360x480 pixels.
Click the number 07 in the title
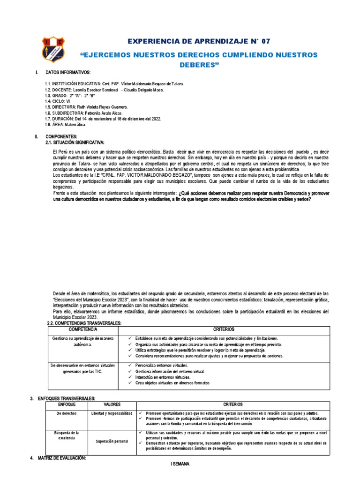[x=263, y=42]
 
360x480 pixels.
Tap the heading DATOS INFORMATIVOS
[x=68, y=73]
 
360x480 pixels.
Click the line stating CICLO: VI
[x=57, y=101]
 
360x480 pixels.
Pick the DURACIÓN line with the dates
[x=103, y=119]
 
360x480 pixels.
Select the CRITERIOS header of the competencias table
[x=223, y=330]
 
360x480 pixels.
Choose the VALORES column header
[x=114, y=404]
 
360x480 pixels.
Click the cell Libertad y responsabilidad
[x=114, y=413]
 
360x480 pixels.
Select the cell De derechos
[x=66, y=413]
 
